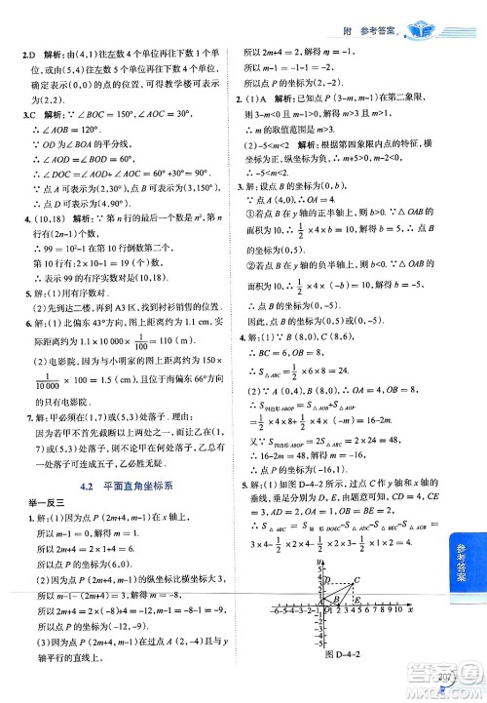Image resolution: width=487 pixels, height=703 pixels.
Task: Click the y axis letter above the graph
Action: (x=318, y=565)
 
